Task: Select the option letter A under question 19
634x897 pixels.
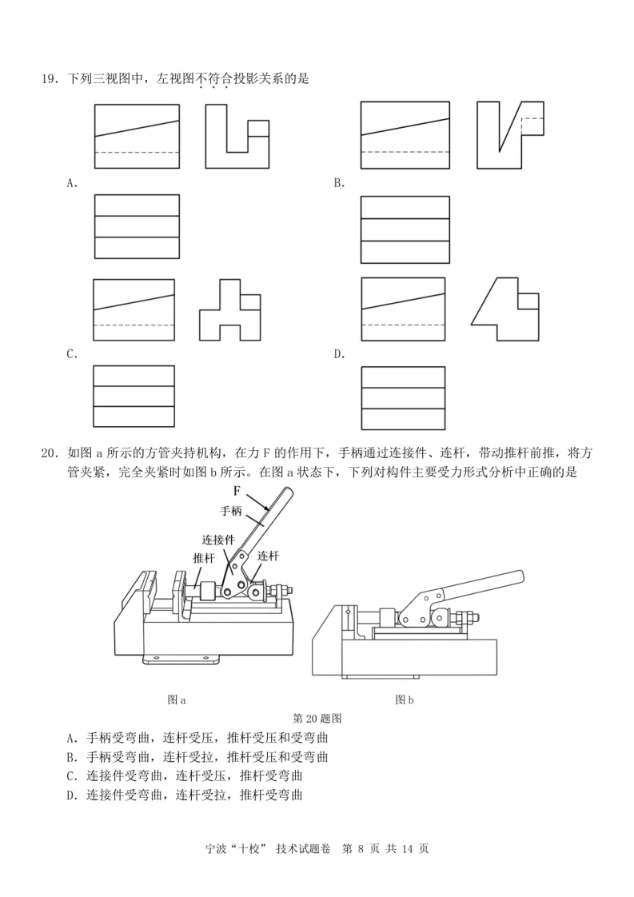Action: (x=72, y=183)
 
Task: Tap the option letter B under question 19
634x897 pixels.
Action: (x=339, y=183)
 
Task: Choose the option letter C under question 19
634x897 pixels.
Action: (x=72, y=355)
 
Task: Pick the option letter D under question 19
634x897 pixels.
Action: (x=339, y=355)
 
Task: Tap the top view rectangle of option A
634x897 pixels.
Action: (x=137, y=227)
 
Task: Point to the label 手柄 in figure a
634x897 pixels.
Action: (x=230, y=510)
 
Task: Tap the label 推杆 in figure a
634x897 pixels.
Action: (x=203, y=558)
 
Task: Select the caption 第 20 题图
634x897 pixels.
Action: (x=318, y=718)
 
